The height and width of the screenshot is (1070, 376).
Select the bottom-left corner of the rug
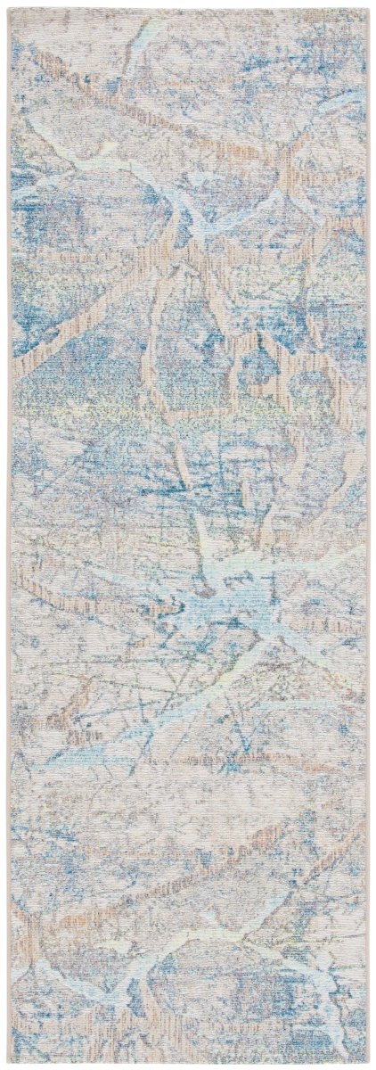coord(6,1062)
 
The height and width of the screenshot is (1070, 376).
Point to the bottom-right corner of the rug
coord(370,1062)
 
